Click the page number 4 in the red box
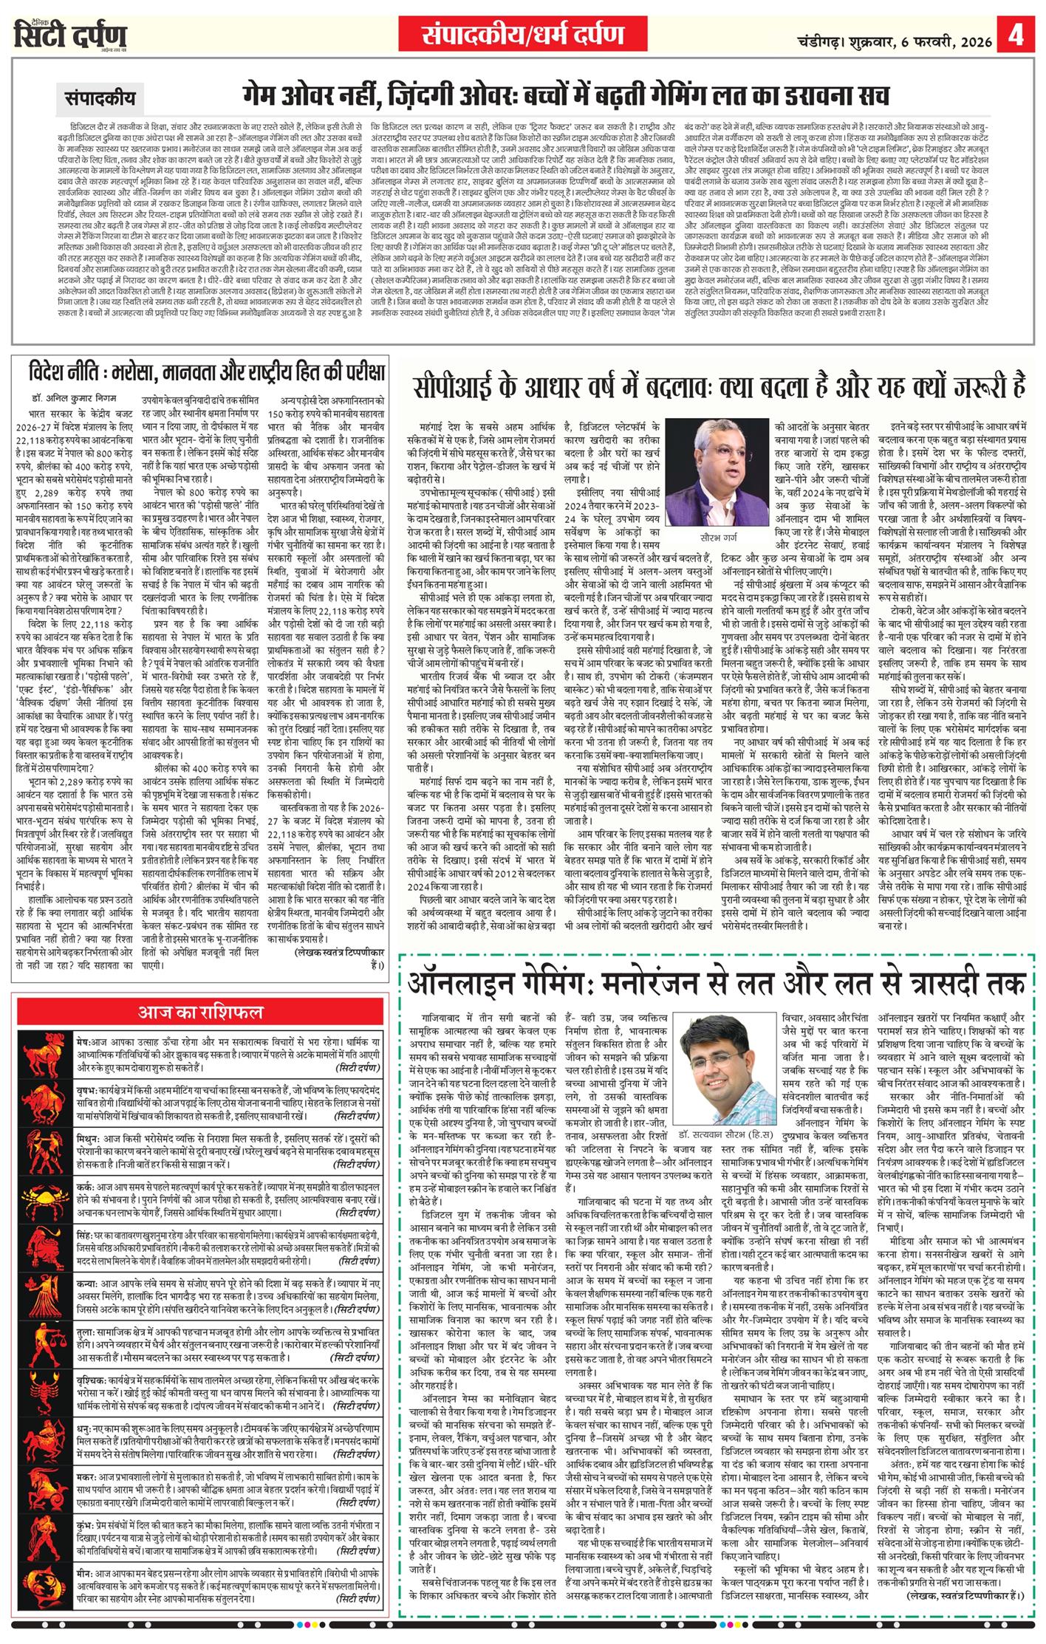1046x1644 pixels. (x=1016, y=35)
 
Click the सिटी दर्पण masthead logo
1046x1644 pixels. (x=70, y=35)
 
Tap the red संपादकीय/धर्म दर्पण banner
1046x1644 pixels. (x=523, y=34)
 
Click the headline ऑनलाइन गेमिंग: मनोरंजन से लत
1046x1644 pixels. (x=717, y=983)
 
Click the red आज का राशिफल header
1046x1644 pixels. (x=200, y=1011)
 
